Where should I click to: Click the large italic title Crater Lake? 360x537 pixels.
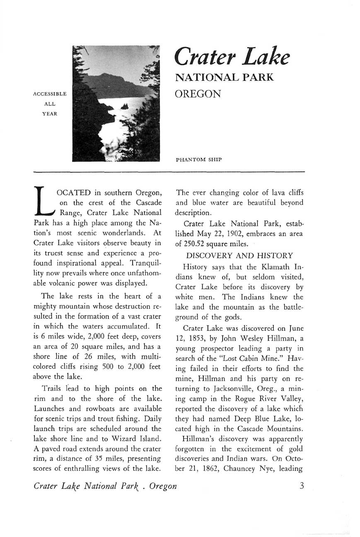click(x=232, y=58)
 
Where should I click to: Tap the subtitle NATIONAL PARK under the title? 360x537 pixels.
click(x=225, y=77)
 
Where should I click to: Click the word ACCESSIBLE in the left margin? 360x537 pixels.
click(x=49, y=94)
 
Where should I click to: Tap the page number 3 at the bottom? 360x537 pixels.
click(x=302, y=485)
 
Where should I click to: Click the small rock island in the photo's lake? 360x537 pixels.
click(x=124, y=106)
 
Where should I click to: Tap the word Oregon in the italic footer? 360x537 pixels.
click(x=163, y=486)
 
